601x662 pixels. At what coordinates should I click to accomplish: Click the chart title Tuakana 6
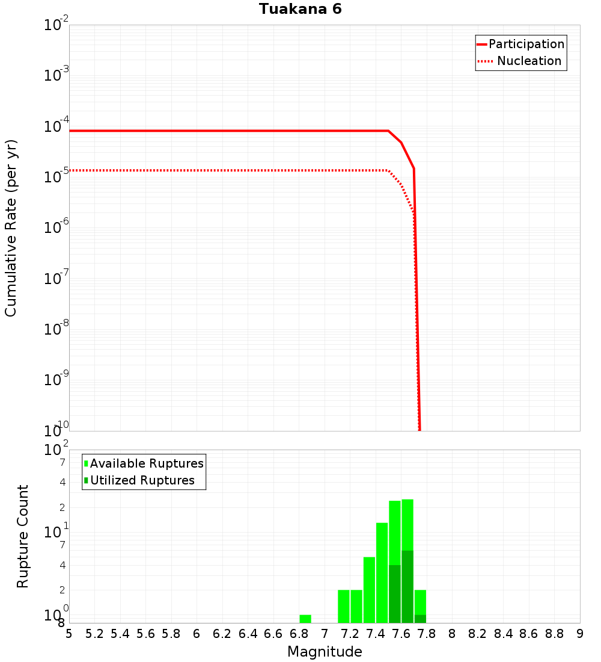pos(300,10)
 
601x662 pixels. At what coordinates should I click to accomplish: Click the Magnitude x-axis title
pos(325,652)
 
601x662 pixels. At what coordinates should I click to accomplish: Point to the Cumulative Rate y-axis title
pos(11,228)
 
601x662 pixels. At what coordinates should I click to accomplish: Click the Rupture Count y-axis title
pos(23,536)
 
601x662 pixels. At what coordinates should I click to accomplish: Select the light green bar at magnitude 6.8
pos(305,619)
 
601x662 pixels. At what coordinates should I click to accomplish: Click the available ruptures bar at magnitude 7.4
pos(382,572)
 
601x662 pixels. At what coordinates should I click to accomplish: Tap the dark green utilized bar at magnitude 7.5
pos(394,593)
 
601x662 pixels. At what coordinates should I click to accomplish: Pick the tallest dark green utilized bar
pos(407,586)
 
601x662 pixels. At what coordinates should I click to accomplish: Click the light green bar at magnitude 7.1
pos(344,606)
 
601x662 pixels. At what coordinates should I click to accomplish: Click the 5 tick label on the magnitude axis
pos(69,633)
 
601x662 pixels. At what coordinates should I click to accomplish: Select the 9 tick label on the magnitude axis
pos(580,633)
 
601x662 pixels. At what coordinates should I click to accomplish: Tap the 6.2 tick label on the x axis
pos(222,633)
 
